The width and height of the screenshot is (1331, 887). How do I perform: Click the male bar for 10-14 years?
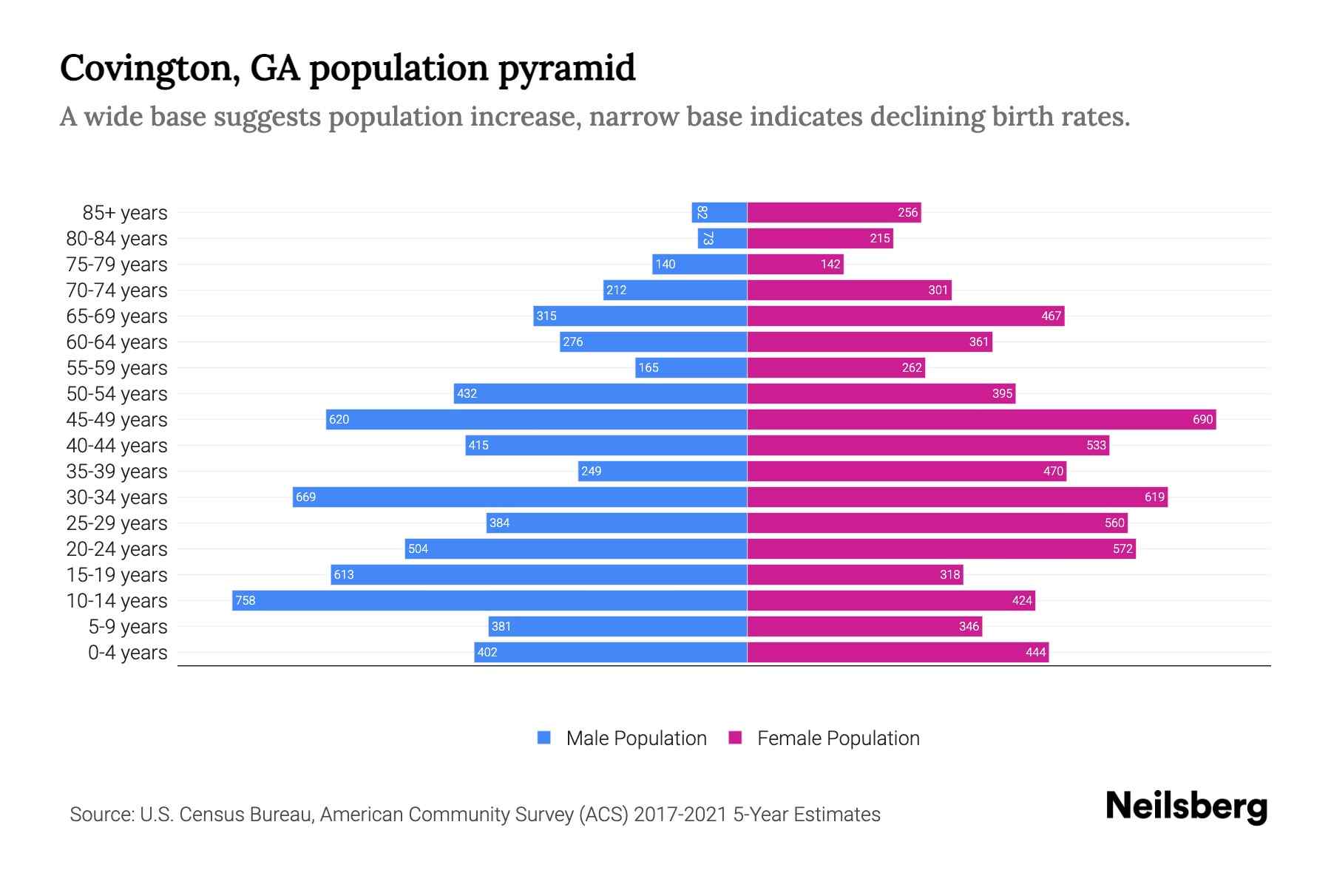[490, 600]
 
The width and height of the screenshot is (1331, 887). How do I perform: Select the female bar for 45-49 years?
[981, 419]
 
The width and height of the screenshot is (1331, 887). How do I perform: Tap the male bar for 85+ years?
[719, 212]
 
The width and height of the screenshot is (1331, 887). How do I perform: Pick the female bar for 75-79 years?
[795, 264]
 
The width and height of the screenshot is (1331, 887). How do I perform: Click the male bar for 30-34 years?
[520, 497]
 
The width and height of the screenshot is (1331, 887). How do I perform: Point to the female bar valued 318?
[855, 574]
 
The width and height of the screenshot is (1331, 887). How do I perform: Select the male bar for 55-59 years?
[691, 367]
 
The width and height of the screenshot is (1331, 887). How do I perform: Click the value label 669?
[305, 497]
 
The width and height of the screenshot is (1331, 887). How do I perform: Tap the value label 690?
[1202, 419]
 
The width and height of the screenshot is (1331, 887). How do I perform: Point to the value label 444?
[1035, 652]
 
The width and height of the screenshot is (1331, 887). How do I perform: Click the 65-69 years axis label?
[117, 316]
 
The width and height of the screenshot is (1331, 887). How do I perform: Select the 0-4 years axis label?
[127, 653]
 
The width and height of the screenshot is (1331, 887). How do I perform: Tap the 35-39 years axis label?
[117, 472]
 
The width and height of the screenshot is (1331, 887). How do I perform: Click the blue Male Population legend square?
[544, 738]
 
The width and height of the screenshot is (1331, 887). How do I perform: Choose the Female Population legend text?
[838, 738]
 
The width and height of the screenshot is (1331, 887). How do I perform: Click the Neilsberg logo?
[1186, 806]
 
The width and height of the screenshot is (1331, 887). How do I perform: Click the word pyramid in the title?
[566, 69]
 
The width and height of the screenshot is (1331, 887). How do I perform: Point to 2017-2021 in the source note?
[680, 815]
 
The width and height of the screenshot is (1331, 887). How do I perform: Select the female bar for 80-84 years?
[820, 238]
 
